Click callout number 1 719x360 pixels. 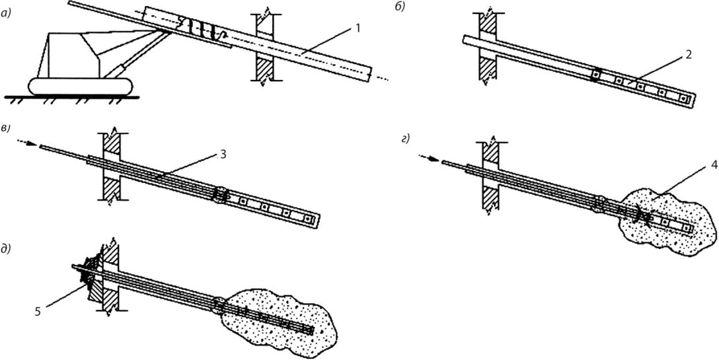(357, 28)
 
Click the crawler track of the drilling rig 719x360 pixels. (81, 87)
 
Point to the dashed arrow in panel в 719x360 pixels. (27, 143)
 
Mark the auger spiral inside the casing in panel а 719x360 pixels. (202, 29)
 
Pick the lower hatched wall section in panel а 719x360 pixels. (264, 68)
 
